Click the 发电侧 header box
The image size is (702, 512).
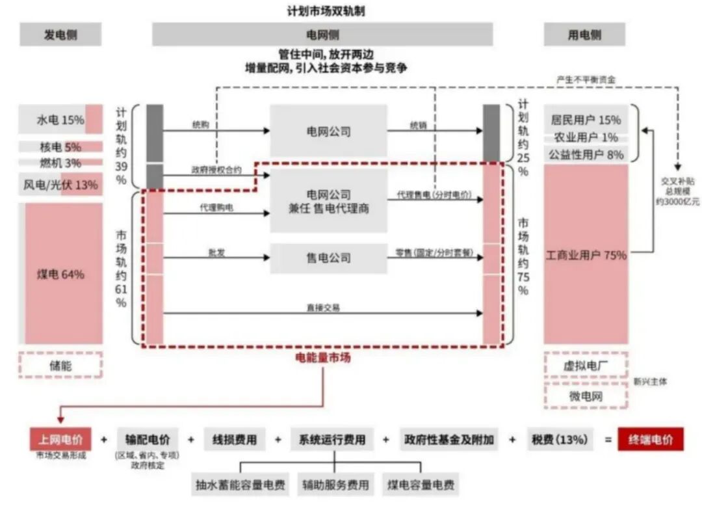point(60,34)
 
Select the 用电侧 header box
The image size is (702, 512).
point(584,34)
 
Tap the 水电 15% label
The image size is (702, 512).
point(60,120)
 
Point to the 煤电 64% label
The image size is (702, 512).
point(60,274)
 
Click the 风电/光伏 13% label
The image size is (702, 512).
point(60,185)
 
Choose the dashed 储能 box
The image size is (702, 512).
point(60,365)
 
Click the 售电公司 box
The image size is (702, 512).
point(328,258)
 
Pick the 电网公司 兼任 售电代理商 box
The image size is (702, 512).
point(328,202)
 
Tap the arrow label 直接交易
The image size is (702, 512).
point(323,307)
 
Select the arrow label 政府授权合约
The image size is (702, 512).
point(216,170)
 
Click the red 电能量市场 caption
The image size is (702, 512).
point(323,357)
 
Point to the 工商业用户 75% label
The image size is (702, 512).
point(586,255)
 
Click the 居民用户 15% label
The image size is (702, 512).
point(586,120)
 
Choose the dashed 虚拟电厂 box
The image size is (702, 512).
point(586,366)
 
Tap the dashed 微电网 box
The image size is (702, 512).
point(586,396)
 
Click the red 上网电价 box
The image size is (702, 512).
point(60,439)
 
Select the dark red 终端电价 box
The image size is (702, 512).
point(651,439)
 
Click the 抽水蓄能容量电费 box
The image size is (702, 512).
point(240,485)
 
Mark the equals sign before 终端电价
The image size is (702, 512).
point(608,440)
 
